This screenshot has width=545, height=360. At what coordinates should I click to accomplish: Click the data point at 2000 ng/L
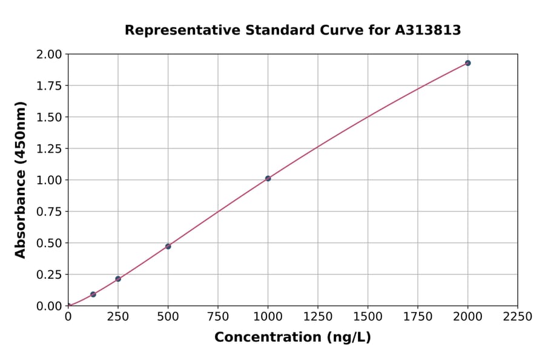(x=467, y=63)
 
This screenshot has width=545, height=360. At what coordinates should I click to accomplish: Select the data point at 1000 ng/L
(x=268, y=178)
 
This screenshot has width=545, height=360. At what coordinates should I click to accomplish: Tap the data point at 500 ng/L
(x=168, y=246)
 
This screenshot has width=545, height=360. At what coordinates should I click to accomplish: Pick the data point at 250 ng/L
(x=118, y=279)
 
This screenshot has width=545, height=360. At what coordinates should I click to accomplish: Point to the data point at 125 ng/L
(x=93, y=295)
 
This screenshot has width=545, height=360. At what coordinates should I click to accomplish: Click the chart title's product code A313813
(x=428, y=30)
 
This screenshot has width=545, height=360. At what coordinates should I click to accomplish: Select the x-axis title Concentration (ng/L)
(x=292, y=337)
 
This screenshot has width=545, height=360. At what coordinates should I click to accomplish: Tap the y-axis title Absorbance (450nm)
(x=21, y=180)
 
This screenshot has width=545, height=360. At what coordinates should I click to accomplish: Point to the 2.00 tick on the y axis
(x=48, y=55)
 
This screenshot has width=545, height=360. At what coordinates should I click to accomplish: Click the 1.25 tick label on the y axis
(x=48, y=148)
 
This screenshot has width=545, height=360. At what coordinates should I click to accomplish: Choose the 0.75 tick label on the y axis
(x=48, y=212)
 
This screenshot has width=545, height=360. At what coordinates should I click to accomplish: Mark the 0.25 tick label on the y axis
(x=48, y=275)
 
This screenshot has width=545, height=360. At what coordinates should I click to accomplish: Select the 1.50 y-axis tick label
(x=48, y=117)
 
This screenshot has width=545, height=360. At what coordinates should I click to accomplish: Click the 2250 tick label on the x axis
(x=517, y=316)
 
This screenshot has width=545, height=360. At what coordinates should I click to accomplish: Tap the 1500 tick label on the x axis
(x=368, y=316)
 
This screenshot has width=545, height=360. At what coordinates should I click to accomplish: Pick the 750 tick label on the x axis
(x=218, y=316)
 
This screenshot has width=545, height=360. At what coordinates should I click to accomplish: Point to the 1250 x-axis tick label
(x=318, y=316)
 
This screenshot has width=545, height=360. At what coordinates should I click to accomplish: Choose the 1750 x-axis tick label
(x=418, y=316)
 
